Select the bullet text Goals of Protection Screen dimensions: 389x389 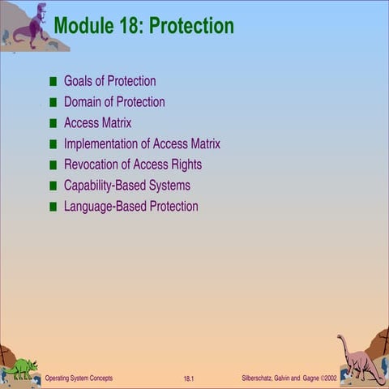click(109, 81)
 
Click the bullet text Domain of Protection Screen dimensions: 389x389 click(114, 102)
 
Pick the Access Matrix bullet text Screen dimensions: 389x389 click(97, 123)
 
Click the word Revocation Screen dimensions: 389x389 click(91, 165)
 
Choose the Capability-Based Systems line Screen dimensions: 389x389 click(127, 186)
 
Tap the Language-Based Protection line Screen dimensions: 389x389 click(130, 207)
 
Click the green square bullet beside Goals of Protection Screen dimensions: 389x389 click(53, 82)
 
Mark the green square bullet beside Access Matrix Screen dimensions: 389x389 click(53, 123)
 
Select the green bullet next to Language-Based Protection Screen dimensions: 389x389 click(53, 207)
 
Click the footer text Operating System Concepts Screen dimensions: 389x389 click(79, 378)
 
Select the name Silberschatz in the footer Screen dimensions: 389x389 click(259, 378)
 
